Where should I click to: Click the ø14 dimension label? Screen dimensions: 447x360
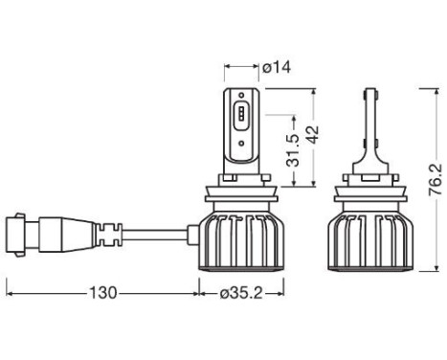(277, 68)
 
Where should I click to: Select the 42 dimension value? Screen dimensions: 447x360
(311, 135)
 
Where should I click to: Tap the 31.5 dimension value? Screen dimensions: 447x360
(293, 150)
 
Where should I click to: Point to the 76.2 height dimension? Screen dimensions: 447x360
(436, 179)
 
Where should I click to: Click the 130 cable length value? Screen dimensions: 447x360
(103, 293)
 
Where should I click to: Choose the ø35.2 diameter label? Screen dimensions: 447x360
(241, 293)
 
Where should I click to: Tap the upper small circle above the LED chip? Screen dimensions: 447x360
(241, 95)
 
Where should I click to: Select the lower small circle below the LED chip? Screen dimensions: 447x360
(241, 144)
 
